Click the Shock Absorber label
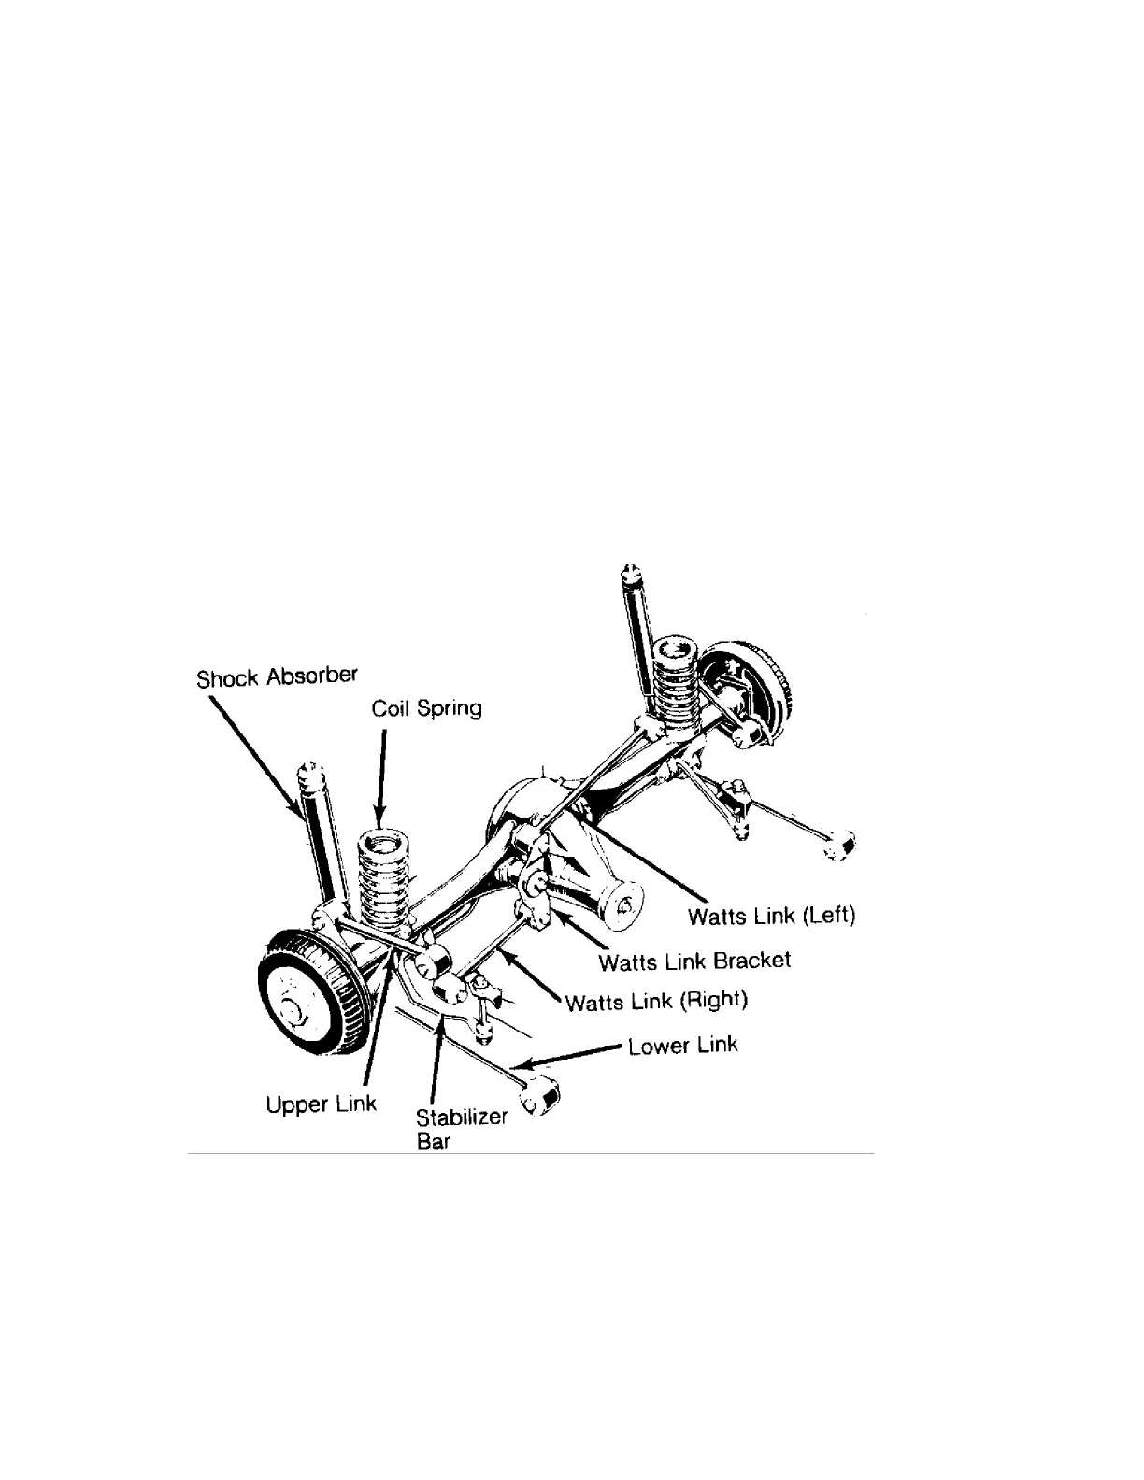click(x=278, y=676)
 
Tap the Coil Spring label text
click(x=426, y=708)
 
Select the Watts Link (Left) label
click(x=771, y=915)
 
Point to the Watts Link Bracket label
click(x=694, y=961)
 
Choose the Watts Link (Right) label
click(x=657, y=1002)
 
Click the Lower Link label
click(x=683, y=1045)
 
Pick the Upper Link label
click(x=321, y=1104)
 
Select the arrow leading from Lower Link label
click(x=570, y=1055)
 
